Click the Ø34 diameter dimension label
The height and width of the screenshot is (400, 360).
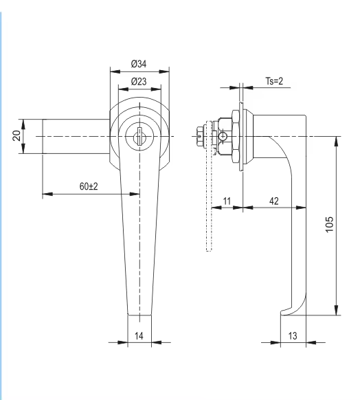point(139,64)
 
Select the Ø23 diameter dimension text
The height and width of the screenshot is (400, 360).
point(139,82)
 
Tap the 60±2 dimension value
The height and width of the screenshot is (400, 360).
point(89,186)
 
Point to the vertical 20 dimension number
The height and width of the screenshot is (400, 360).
point(16,135)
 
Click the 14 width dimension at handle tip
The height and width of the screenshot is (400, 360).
point(139,335)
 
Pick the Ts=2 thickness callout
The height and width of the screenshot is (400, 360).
point(274,81)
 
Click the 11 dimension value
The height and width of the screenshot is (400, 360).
point(227,201)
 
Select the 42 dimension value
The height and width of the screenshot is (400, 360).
point(274,201)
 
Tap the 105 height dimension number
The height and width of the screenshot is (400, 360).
point(329,224)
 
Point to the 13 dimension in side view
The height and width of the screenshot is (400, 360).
point(293,335)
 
